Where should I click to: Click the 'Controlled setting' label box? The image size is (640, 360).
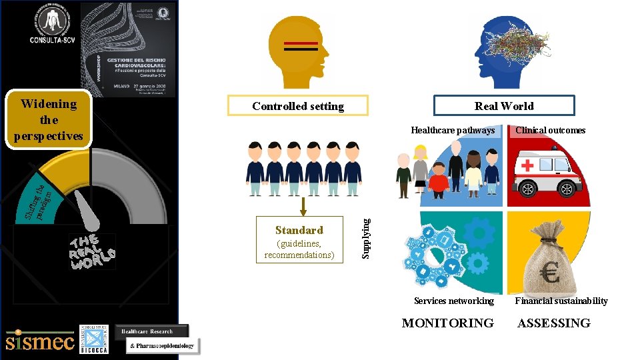pos(298,106)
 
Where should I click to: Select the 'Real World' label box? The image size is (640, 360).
pos(504,105)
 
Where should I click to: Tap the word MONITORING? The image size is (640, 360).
pos(447,323)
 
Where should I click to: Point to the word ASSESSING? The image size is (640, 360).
pos(554,323)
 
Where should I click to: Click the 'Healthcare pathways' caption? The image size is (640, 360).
pos(453,130)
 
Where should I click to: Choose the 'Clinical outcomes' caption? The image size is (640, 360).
pos(550,130)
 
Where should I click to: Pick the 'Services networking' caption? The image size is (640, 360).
pos(453,301)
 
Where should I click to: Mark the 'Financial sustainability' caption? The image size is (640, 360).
pos(561,301)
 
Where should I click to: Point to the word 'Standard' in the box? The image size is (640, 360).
pos(299,230)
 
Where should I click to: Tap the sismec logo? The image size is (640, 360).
pos(39,341)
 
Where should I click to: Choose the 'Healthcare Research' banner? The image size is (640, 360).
pos(151,331)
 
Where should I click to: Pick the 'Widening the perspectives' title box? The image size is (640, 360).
pos(49,120)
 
